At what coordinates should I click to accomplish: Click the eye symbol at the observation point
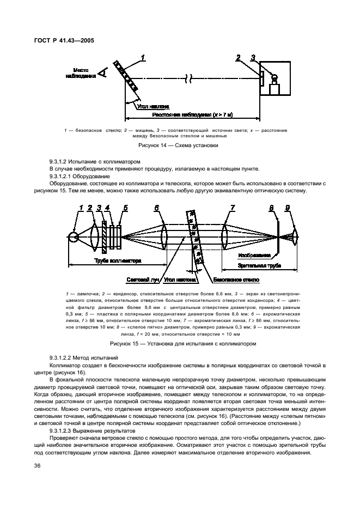click(102, 74)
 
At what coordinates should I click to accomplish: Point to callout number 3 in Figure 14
click(253, 57)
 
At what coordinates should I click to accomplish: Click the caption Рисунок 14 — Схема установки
click(179, 145)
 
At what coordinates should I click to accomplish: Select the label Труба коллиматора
click(118, 262)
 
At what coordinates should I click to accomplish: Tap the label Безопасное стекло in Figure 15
click(236, 280)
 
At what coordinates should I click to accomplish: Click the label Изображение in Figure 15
click(253, 254)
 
